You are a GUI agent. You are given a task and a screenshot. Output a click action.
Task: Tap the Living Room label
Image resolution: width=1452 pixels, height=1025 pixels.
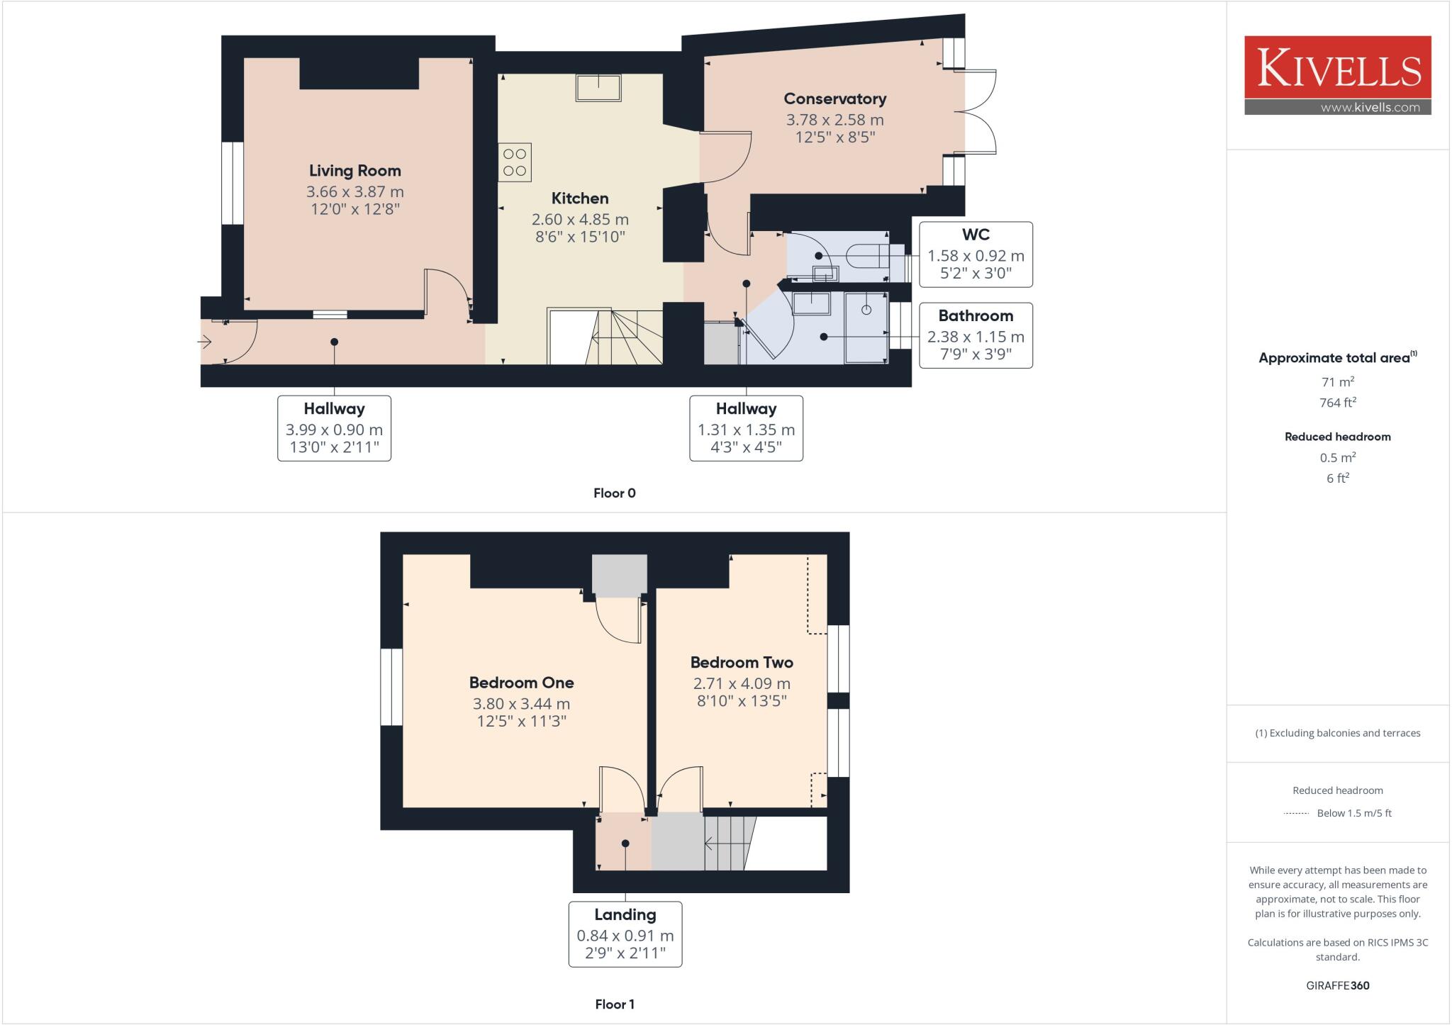coord(354,171)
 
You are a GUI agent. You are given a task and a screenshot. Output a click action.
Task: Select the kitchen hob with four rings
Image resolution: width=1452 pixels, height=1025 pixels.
coord(515,162)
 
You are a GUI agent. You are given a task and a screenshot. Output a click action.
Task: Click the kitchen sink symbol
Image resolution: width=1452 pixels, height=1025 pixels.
coord(598,88)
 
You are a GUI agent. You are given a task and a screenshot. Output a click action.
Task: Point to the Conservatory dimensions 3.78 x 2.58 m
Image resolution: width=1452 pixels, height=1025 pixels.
coord(834,120)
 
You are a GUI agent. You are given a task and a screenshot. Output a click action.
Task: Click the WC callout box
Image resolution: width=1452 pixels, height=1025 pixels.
coord(976,254)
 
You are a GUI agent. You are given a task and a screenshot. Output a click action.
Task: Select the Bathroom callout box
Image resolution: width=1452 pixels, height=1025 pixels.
coord(976,335)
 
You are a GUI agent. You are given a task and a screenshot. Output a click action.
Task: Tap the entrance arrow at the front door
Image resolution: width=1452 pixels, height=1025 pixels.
coord(205,342)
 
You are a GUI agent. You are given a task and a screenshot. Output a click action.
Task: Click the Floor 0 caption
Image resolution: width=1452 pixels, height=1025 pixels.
coord(614,493)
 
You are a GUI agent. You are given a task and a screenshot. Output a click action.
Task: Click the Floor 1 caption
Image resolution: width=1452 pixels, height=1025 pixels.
coord(614,1004)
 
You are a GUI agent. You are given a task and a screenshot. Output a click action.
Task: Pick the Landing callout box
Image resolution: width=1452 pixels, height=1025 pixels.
coord(625,934)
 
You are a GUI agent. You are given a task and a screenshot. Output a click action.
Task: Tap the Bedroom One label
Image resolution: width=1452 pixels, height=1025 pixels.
coord(521,683)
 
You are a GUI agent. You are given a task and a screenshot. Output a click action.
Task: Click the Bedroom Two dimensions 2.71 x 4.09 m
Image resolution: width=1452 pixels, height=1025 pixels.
coord(741,683)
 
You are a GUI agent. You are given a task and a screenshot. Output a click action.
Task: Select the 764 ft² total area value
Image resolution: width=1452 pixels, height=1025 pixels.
coord(1337,403)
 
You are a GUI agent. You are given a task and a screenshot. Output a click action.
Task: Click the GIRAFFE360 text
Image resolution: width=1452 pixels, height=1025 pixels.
coord(1337,985)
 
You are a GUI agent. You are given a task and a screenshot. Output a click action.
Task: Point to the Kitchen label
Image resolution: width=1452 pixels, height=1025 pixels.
coord(579,198)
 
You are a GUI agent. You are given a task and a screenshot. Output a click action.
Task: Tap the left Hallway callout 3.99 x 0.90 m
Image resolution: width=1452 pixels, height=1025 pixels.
coord(334,428)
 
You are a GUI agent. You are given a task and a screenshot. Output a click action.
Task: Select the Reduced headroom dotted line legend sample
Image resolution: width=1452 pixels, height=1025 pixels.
coord(1296,814)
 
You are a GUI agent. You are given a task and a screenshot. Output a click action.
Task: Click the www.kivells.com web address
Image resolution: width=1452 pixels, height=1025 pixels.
coord(1370,108)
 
